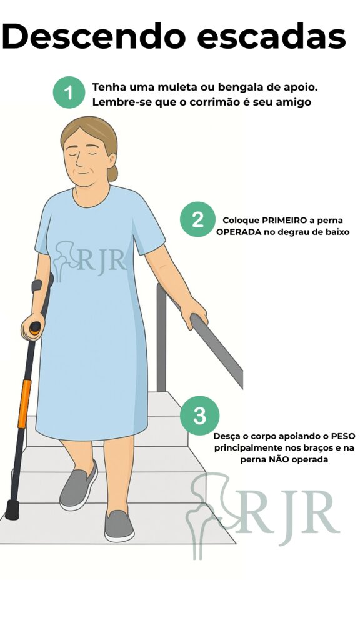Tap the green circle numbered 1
(x=69, y=93)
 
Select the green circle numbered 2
(x=197, y=220)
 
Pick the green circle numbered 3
(x=199, y=416)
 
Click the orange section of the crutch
(x=24, y=403)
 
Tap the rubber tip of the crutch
(x=12, y=509)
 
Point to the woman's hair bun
(x=112, y=173)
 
